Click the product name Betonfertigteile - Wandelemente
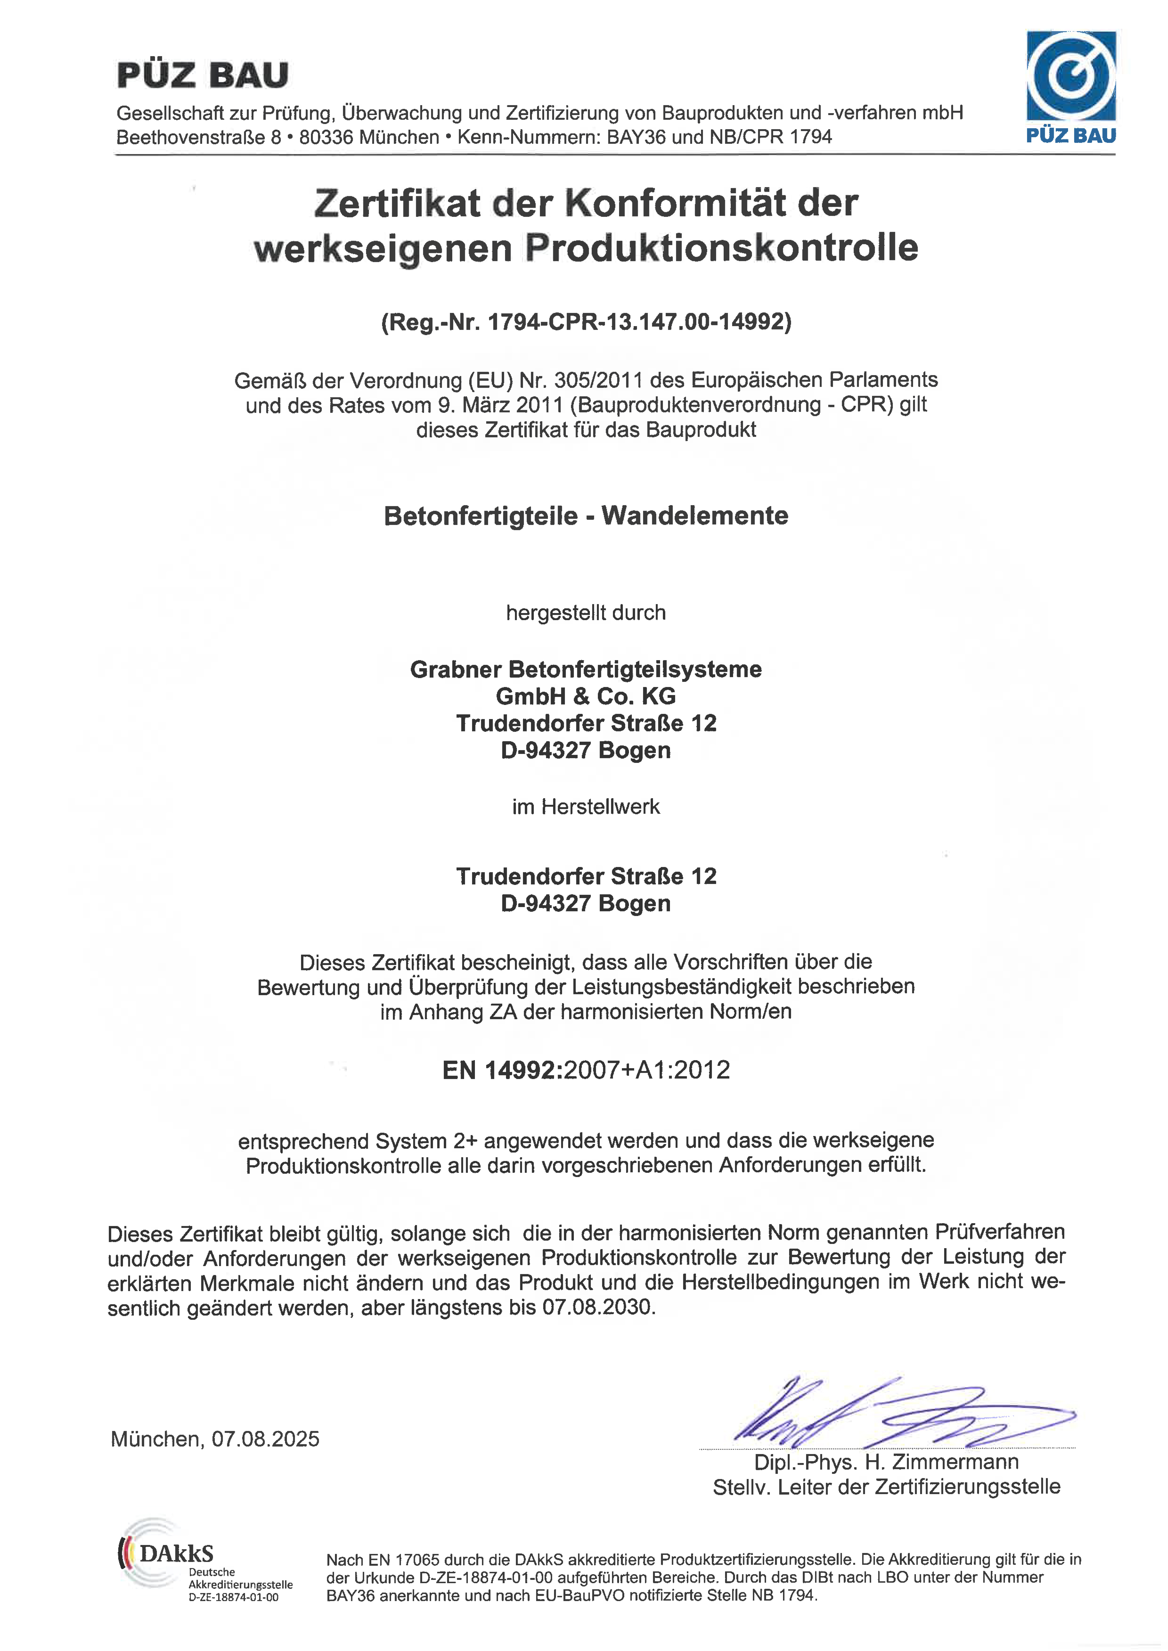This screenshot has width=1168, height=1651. pyautogui.click(x=586, y=516)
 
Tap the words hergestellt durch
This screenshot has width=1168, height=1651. pyautogui.click(x=586, y=613)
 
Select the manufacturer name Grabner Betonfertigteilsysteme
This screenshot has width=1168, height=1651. pyautogui.click(x=586, y=669)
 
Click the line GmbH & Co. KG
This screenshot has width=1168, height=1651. pyautogui.click(x=586, y=696)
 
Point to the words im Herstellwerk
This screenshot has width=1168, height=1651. pyautogui.click(x=586, y=807)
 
